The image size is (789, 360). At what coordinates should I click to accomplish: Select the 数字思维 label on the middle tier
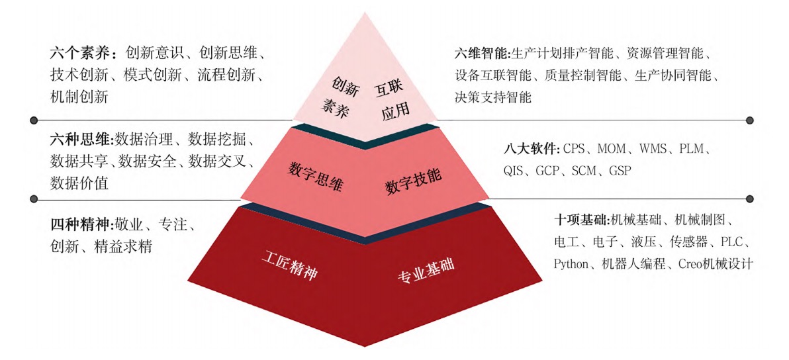point(316,177)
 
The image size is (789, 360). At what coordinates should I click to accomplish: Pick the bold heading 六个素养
point(83,53)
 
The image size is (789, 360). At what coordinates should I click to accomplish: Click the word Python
point(571,264)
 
